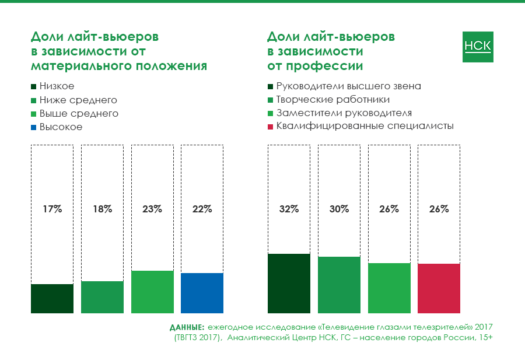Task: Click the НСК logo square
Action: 477,46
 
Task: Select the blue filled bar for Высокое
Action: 202,292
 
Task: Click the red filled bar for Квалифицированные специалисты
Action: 439,288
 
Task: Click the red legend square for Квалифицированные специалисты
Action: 271,126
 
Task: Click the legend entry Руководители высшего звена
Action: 349,86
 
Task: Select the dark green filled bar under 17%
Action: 52,298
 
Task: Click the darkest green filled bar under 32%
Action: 289,283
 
